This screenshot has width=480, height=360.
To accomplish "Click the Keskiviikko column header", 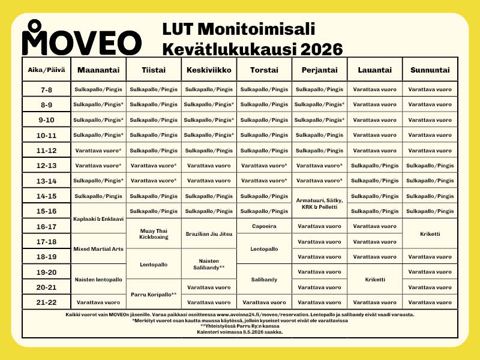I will click(209, 70).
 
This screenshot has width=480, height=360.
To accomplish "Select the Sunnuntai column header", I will click(430, 70).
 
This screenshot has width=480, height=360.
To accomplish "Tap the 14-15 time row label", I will click(47, 196).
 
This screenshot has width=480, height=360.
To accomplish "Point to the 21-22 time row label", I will click(47, 302).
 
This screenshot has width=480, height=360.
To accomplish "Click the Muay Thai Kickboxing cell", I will click(153, 233).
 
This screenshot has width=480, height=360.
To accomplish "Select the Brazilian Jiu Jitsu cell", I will click(209, 233).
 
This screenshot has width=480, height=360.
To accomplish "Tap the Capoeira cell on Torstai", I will click(264, 226).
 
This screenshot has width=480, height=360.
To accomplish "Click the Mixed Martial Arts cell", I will click(98, 248).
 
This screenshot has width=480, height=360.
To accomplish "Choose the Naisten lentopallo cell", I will click(98, 280).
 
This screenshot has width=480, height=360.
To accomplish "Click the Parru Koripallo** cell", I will click(153, 295).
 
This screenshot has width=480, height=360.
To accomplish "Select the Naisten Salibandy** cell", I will click(209, 264).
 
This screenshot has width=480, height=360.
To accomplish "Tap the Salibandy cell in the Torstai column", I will click(264, 280).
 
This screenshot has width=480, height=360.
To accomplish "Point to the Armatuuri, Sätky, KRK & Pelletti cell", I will click(319, 203).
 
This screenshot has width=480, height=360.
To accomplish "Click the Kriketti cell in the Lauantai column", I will click(374, 280).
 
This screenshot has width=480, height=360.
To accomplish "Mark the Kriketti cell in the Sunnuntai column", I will click(430, 234).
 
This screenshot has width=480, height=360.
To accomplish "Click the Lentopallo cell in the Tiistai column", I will click(153, 264).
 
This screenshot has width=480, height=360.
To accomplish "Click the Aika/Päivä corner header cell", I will click(47, 70).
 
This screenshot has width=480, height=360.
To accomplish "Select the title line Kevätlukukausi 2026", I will click(252, 48).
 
